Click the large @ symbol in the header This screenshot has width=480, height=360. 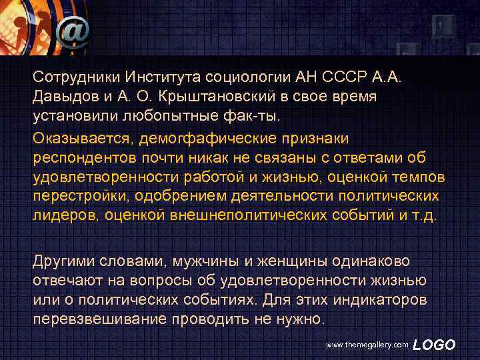click(73, 30)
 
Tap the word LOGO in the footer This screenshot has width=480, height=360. click(434, 345)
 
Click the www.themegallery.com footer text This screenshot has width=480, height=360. click(367, 345)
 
